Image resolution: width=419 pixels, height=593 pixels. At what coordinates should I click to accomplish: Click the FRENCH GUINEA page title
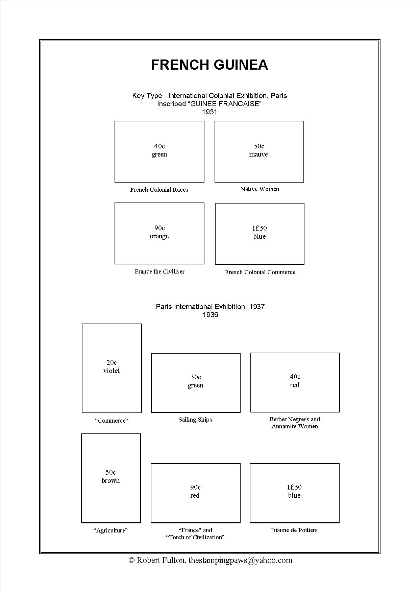click(x=209, y=65)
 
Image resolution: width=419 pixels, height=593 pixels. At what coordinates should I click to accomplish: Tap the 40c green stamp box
click(x=159, y=151)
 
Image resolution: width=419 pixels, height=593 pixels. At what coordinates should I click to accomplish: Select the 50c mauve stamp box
click(x=259, y=151)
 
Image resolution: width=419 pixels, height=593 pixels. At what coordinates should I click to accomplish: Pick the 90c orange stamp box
click(x=159, y=233)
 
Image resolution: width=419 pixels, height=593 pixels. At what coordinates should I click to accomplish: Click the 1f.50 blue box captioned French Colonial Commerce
click(x=260, y=234)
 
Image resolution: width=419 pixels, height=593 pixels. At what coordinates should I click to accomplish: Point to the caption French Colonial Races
click(x=159, y=190)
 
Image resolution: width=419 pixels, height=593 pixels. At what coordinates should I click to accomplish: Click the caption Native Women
click(x=260, y=189)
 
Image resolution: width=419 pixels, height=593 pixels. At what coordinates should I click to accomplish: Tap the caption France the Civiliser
click(x=159, y=271)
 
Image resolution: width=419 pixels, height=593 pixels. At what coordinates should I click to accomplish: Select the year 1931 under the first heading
click(x=209, y=112)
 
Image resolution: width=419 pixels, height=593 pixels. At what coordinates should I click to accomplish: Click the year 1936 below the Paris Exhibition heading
click(x=210, y=315)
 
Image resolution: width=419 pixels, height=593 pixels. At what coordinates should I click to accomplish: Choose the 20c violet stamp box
click(x=112, y=368)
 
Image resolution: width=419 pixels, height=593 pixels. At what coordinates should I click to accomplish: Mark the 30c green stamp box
click(x=196, y=383)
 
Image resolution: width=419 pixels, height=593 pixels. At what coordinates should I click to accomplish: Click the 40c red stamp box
click(x=295, y=382)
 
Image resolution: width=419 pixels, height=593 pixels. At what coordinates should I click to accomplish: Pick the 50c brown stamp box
click(x=111, y=478)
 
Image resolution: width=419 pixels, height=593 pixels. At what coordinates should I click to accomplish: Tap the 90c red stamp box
click(x=195, y=493)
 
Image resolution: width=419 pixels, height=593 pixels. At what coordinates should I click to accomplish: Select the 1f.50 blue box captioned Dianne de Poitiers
click(x=294, y=493)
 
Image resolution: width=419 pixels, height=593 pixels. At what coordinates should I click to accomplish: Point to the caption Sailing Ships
click(x=195, y=420)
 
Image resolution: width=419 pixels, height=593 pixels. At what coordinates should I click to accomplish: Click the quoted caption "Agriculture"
click(x=110, y=530)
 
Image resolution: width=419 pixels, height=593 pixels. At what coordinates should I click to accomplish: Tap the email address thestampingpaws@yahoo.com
click(x=240, y=560)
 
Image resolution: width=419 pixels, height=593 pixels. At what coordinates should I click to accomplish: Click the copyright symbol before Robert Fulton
click(x=132, y=561)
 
